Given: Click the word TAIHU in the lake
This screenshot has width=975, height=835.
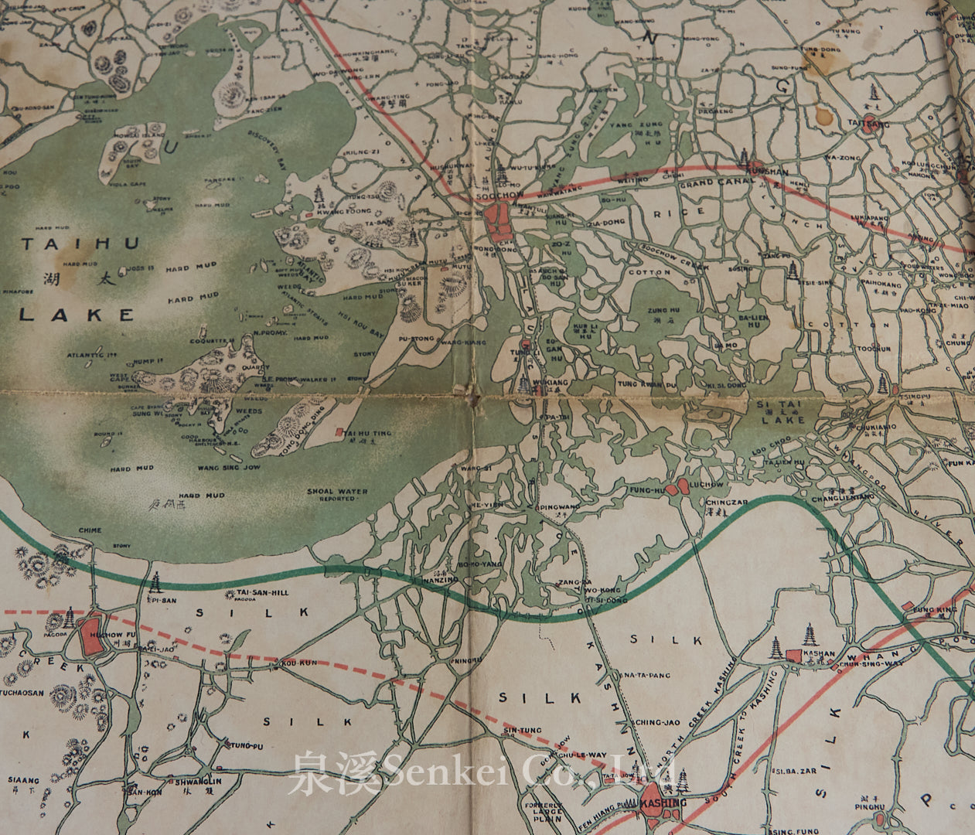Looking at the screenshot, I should click(80, 244).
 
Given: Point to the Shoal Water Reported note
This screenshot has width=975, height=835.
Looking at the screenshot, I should click(336, 495).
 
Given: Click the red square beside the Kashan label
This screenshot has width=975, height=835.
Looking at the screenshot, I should click(793, 655).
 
